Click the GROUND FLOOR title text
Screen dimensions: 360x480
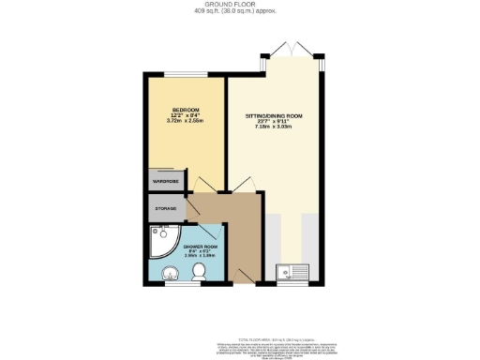pos(240,5)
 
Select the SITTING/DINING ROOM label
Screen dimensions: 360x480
pos(278,114)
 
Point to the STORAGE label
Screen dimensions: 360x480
pos(165,208)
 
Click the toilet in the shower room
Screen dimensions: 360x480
pos(198,273)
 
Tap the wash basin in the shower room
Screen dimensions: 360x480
pos(169,274)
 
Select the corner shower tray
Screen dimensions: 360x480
pos(161,240)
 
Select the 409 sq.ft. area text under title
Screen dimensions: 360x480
pos(240,13)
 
